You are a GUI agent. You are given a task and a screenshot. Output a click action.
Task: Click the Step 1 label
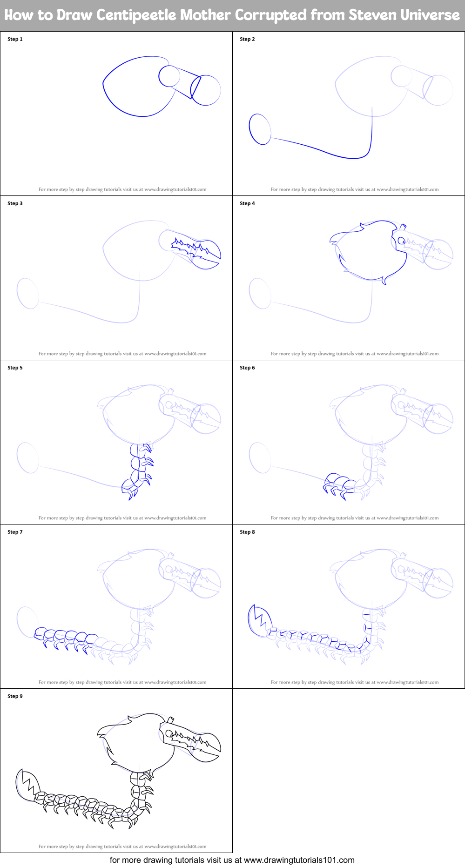(x=15, y=39)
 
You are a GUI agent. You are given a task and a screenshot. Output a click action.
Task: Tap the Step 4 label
(x=247, y=203)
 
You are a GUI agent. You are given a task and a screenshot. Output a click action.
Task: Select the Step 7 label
(x=15, y=532)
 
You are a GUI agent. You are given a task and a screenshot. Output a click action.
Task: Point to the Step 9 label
(x=15, y=696)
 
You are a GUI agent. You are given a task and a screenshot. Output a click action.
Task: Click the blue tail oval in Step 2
(x=260, y=129)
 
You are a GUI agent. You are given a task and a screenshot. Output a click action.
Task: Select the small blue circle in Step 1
(x=169, y=76)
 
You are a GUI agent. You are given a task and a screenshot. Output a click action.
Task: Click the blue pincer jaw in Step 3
(x=205, y=254)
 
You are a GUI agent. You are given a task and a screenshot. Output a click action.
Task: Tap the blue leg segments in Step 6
(x=337, y=485)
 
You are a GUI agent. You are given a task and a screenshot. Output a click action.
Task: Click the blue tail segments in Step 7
(x=65, y=637)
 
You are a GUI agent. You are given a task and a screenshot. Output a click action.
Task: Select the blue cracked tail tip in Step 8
(x=257, y=620)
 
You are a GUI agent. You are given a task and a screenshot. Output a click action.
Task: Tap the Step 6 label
(x=247, y=368)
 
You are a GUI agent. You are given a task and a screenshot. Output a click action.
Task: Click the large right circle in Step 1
(x=206, y=90)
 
